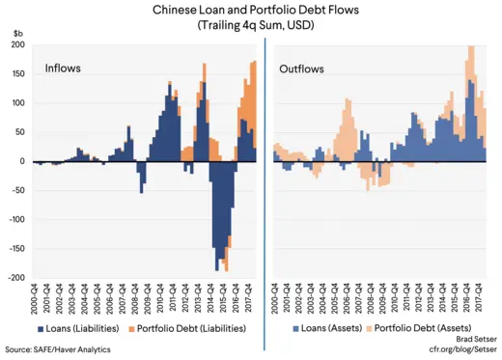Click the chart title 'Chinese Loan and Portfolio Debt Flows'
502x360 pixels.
pos(251,10)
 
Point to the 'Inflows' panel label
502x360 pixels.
pos(63,69)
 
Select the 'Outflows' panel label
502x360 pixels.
pos(302,69)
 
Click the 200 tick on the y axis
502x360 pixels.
pos(17,45)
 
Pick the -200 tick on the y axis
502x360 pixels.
pos(15,278)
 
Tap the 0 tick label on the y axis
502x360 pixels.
pos(20,161)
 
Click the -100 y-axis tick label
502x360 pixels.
pos(15,220)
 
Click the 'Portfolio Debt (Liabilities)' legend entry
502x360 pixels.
pos(194,329)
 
